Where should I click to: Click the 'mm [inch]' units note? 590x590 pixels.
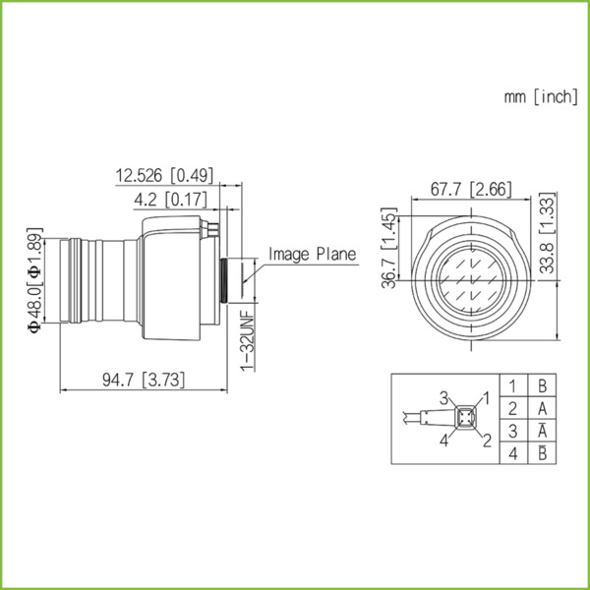540,96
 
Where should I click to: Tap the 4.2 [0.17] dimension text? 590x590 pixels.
169,200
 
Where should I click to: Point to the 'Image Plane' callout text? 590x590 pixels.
313,254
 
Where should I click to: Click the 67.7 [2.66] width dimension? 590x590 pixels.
470,188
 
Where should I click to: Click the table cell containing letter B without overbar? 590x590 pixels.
543,385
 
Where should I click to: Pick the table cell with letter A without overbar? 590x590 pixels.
543,408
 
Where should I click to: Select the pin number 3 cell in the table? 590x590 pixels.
512,431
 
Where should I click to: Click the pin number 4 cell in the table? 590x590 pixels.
512,453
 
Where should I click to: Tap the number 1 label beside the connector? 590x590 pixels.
485,396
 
